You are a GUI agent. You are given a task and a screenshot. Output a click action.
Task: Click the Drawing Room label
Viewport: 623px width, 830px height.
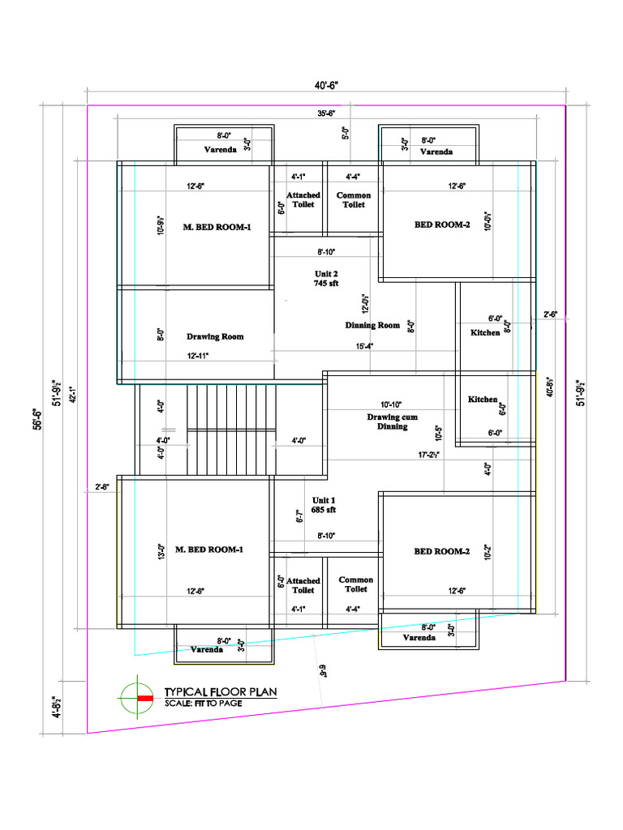coord(215,336)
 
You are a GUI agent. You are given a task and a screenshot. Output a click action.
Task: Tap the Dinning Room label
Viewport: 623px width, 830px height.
coord(372,325)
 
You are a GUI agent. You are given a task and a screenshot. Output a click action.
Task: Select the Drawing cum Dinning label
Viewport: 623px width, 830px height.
coord(392,421)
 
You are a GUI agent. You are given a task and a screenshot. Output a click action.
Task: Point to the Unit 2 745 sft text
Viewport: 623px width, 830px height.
coord(326,279)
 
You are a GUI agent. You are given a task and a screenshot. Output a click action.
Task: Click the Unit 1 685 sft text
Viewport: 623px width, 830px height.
coord(324,505)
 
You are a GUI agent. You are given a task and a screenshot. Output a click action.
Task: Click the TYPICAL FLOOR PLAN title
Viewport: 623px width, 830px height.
coord(221,692)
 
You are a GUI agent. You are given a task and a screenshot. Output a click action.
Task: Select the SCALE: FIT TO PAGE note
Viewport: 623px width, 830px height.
coord(203,703)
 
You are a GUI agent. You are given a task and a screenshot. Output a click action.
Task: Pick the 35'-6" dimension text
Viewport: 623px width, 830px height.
coord(328,113)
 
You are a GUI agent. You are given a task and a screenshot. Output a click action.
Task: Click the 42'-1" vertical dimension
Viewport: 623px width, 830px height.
coord(71,394)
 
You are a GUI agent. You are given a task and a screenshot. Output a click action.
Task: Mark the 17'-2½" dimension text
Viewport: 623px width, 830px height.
coord(429,455)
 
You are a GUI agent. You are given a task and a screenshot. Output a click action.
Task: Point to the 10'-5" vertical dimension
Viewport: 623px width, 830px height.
coord(439,434)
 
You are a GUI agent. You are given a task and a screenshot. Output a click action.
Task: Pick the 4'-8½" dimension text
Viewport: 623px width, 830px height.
coord(58,707)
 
